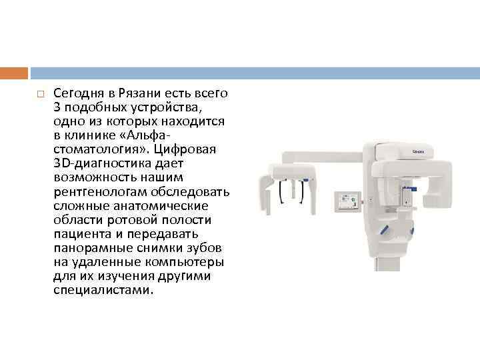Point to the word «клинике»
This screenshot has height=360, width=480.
coord(93,135)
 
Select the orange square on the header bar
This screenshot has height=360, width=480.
coord(14,73)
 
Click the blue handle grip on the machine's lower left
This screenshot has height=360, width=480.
coord(385,230)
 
